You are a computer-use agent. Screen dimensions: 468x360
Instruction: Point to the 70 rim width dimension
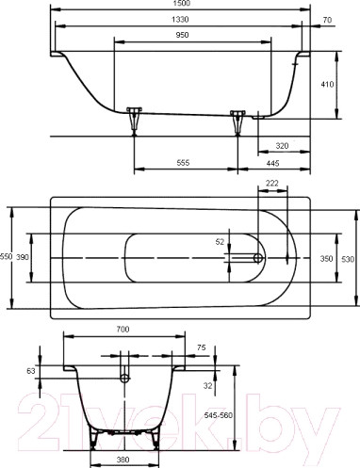327,21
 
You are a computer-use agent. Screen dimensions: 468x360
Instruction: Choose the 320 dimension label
282,146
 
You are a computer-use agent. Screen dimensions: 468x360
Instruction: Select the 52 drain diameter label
221,242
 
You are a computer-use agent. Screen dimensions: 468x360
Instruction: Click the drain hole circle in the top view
258,257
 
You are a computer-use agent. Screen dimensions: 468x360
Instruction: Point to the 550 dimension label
7,257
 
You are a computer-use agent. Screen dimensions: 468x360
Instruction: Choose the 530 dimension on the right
347,257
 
